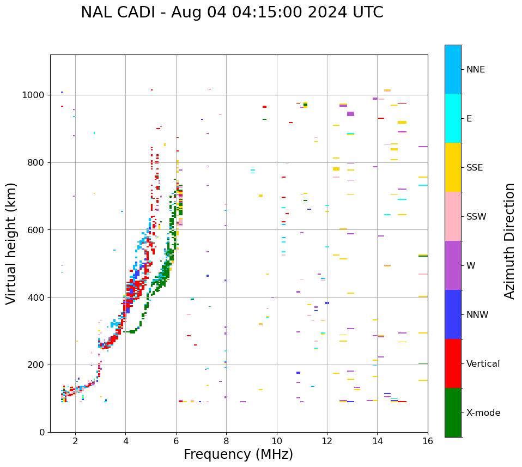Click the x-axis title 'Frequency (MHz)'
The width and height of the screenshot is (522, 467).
[x=238, y=454]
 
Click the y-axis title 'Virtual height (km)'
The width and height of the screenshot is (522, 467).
[x=11, y=243]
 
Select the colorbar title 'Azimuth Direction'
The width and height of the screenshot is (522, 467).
[x=509, y=241]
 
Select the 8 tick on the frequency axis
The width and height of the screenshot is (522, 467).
[x=226, y=441]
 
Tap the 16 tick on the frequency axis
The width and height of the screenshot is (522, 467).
[x=428, y=441]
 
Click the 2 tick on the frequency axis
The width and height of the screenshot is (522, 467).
[x=75, y=441]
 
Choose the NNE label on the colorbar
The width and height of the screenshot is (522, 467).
[x=476, y=70]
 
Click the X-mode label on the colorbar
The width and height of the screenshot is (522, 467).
[x=483, y=413]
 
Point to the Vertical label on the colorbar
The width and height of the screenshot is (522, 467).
[x=483, y=364]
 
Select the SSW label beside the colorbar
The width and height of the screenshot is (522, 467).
[x=476, y=217]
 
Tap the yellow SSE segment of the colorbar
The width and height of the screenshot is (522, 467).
[x=453, y=167]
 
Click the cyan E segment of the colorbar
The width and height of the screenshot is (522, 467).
[x=453, y=118]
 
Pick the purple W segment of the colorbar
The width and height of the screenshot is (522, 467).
[x=453, y=265]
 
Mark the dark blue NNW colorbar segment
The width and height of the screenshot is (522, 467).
[x=453, y=314]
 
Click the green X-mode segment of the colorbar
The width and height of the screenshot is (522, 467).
[x=453, y=413]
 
